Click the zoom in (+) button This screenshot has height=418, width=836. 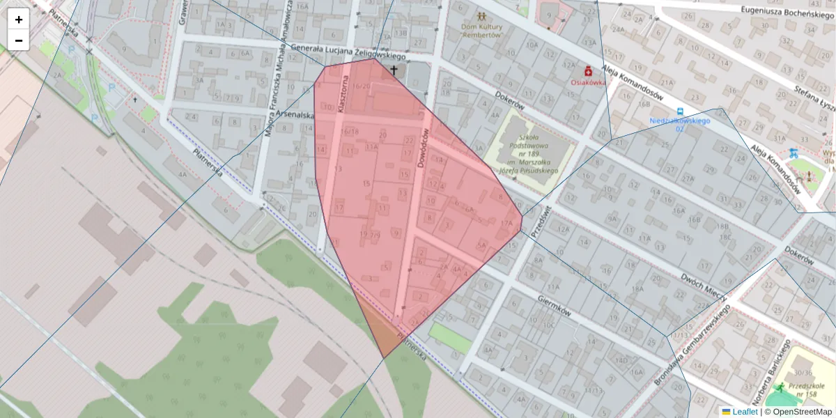coord(19,20)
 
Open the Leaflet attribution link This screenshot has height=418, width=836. coord(745,412)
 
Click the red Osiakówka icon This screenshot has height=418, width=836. coord(588,70)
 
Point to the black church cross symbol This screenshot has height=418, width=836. coord(394,70)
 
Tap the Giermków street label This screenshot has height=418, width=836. coord(555,304)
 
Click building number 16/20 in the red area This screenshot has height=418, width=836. coord(361,86)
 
